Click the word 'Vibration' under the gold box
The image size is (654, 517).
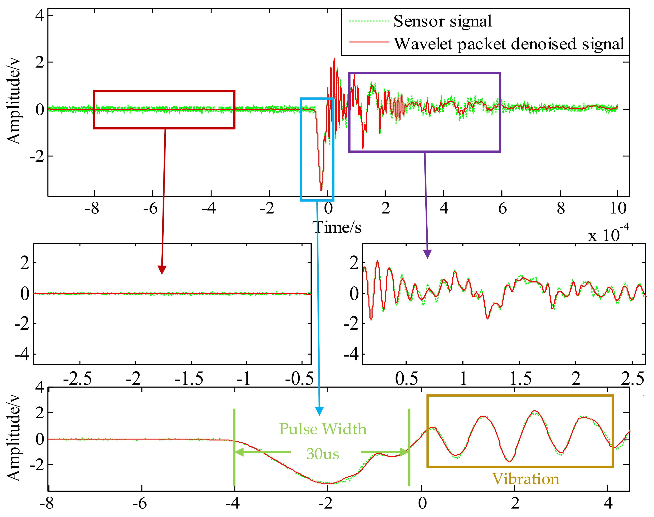point(526,479)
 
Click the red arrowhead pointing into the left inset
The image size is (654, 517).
point(162,269)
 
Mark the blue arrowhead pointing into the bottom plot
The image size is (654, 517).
point(319,411)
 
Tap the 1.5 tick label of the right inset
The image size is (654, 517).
point(520,379)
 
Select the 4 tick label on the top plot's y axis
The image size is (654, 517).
point(39,15)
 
